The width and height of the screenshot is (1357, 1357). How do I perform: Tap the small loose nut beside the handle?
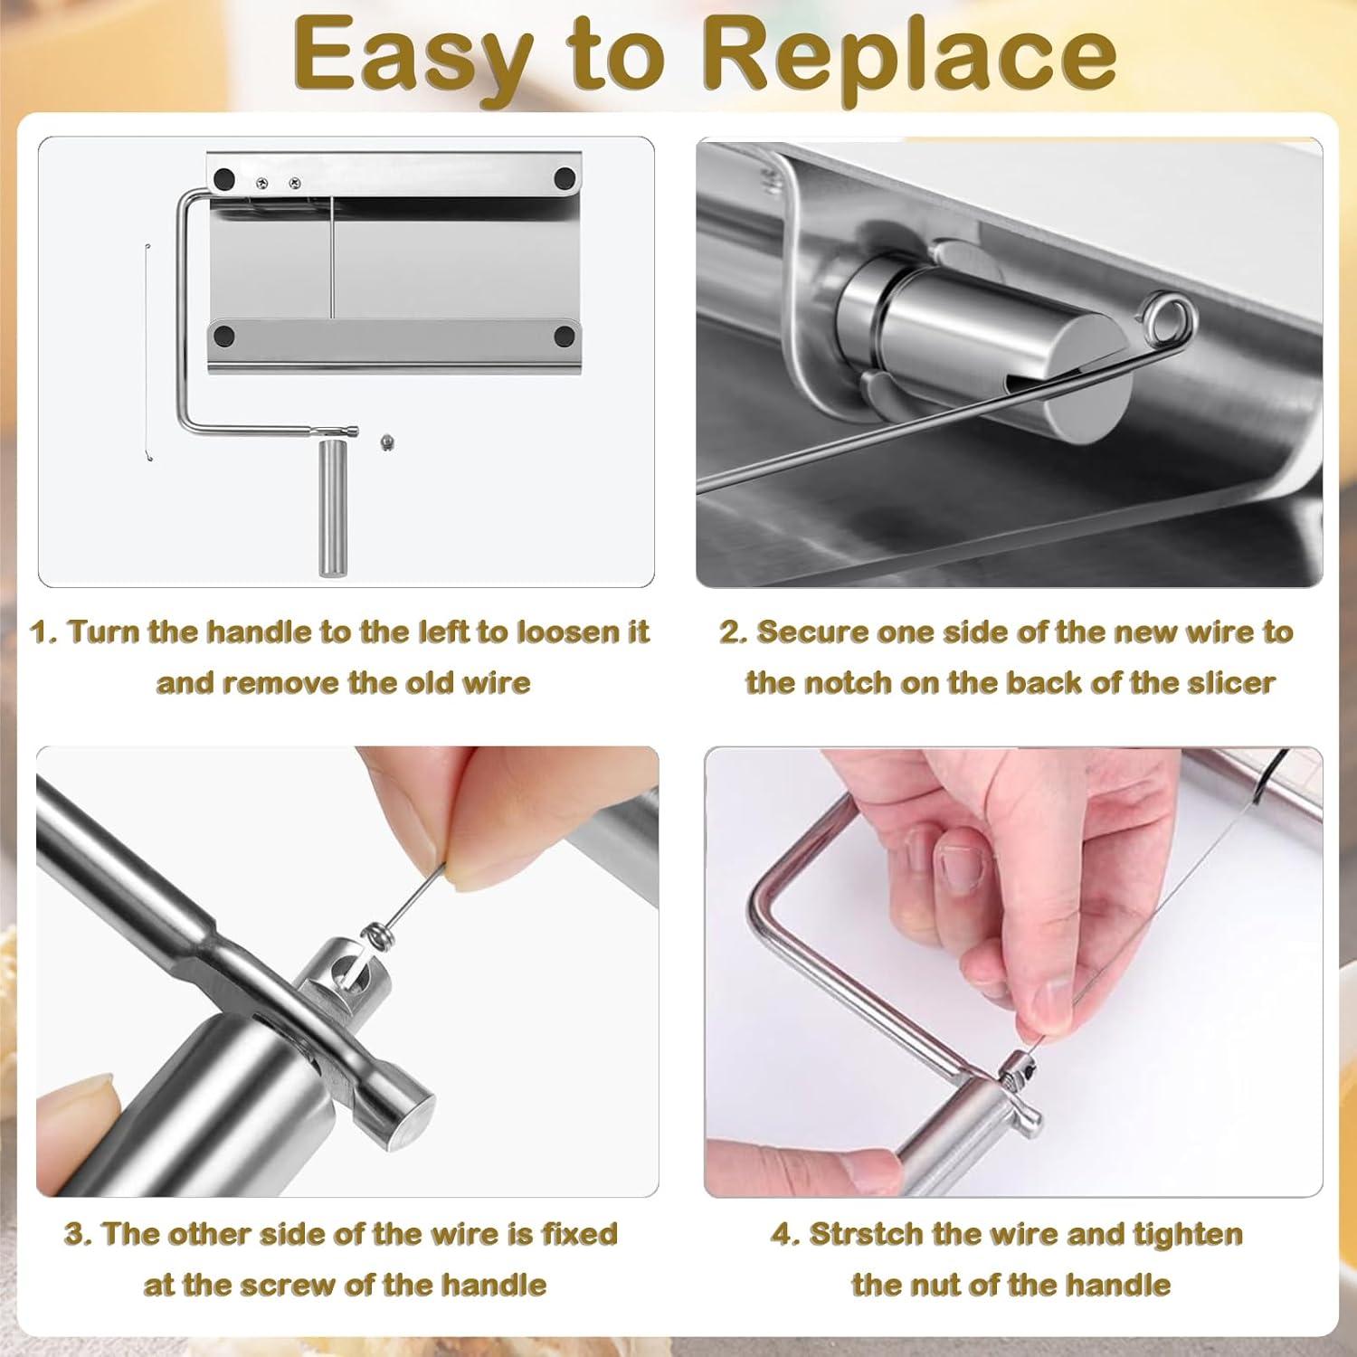pyautogui.click(x=387, y=443)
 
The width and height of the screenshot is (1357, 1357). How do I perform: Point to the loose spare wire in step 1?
pyautogui.click(x=147, y=352)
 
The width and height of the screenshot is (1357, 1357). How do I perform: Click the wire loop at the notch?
pyautogui.click(x=1164, y=322)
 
